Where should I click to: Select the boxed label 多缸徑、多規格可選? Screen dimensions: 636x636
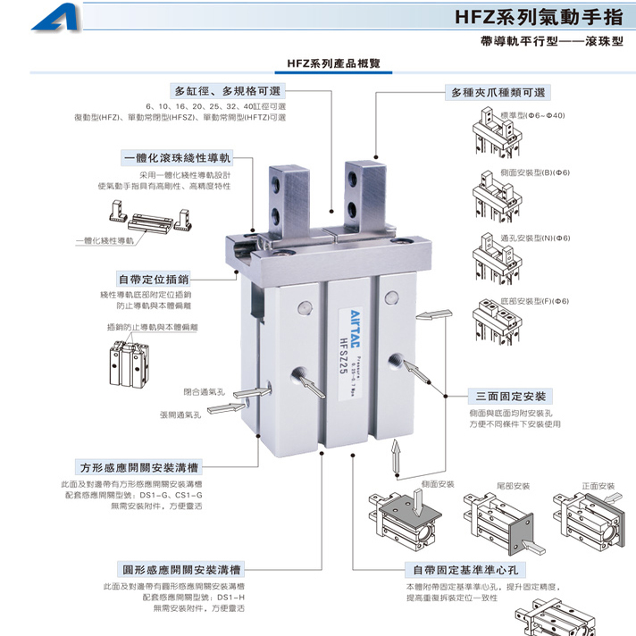228,91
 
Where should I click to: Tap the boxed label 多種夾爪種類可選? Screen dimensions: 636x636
498,91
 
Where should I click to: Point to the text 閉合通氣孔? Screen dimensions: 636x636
203,391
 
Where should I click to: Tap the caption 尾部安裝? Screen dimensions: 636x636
514,486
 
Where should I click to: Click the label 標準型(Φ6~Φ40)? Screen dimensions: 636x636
533,115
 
